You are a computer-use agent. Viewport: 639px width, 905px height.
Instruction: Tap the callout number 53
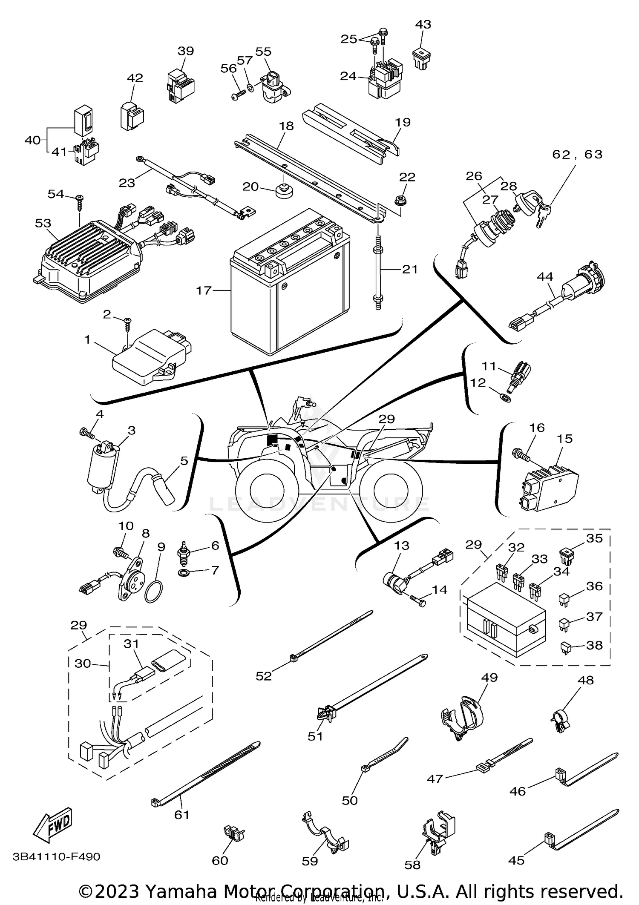coord(43,223)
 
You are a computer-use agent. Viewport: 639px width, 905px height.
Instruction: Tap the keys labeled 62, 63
coord(539,215)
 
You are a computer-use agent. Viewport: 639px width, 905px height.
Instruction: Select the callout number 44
coord(545,277)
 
